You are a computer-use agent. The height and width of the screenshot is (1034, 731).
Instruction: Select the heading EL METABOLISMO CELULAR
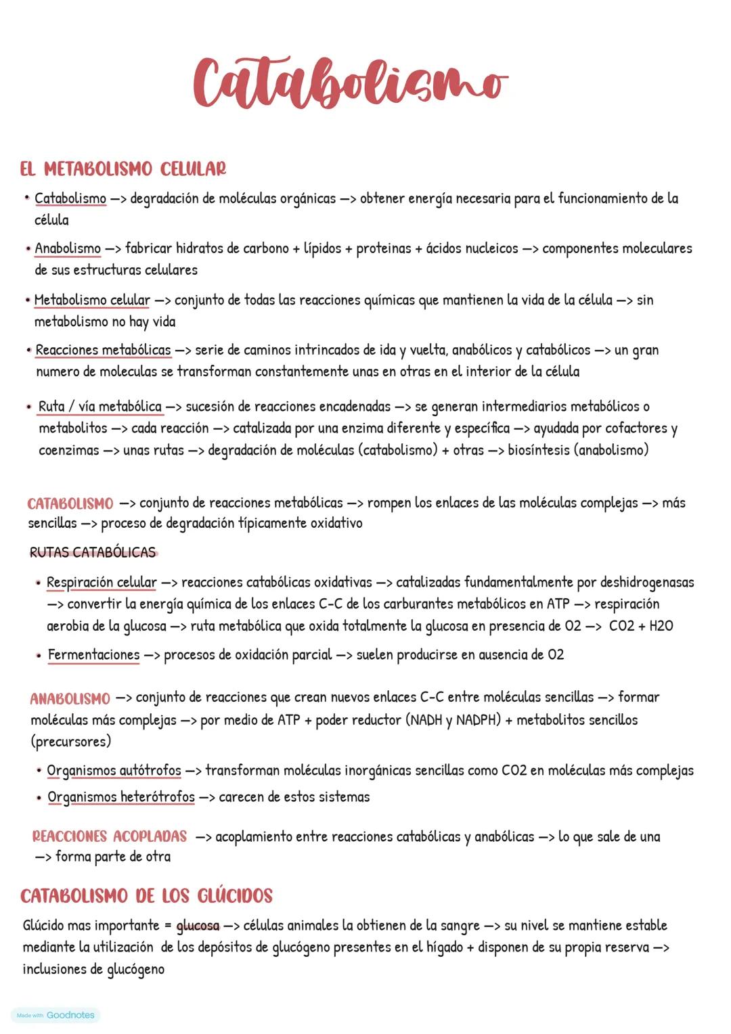pyautogui.click(x=123, y=168)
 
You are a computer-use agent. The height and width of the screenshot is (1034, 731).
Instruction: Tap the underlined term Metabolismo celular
pyautogui.click(x=92, y=300)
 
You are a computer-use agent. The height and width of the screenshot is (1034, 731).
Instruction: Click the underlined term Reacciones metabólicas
pyautogui.click(x=103, y=350)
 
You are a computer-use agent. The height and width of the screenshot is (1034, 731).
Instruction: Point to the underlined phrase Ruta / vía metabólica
pyautogui.click(x=100, y=407)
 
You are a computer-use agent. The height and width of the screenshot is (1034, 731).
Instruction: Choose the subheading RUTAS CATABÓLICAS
pyautogui.click(x=93, y=552)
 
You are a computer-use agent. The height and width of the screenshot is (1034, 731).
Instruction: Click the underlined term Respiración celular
pyautogui.click(x=102, y=583)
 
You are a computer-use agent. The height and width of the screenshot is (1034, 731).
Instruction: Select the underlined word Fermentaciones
pyautogui.click(x=93, y=655)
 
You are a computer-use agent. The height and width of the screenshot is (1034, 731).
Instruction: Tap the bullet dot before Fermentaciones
pyautogui.click(x=39, y=655)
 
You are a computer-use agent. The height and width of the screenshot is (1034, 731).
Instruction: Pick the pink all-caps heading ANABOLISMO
pyautogui.click(x=70, y=698)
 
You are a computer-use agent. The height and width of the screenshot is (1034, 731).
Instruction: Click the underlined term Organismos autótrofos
pyautogui.click(x=114, y=771)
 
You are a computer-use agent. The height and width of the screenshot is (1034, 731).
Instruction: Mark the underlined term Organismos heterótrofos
pyautogui.click(x=121, y=797)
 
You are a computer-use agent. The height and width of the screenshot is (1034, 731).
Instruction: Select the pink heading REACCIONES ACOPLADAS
pyautogui.click(x=110, y=836)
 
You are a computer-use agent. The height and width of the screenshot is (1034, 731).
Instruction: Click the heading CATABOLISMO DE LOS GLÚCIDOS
pyautogui.click(x=146, y=896)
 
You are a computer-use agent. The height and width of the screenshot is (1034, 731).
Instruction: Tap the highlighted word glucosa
pyautogui.click(x=198, y=926)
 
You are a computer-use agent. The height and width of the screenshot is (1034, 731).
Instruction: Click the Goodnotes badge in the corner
pyautogui.click(x=56, y=1015)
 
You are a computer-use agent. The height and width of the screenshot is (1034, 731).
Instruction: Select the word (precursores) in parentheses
pyautogui.click(x=71, y=742)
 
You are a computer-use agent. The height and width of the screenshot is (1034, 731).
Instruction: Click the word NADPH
pyautogui.click(x=478, y=720)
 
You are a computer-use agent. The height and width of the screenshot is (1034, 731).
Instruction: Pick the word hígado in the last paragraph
pyautogui.click(x=444, y=947)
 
